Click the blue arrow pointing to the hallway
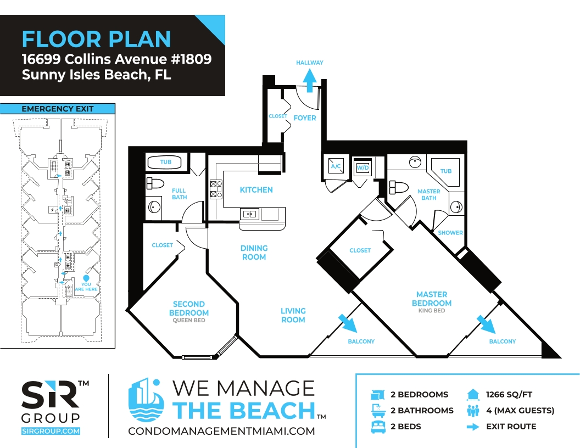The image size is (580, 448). pyautogui.click(x=310, y=81)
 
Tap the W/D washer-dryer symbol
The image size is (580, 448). pyautogui.click(x=362, y=168)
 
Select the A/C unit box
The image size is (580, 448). pyautogui.click(x=336, y=166)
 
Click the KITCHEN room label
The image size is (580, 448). pyautogui.click(x=256, y=189)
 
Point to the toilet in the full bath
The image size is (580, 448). pyautogui.click(x=155, y=183)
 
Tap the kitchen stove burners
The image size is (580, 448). pyautogui.click(x=216, y=189)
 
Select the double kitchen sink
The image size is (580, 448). pyautogui.click(x=249, y=214)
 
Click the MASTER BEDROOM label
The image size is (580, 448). pyautogui.click(x=432, y=299)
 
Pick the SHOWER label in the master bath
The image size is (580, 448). pyautogui.click(x=450, y=232)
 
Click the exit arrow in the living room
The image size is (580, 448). pyautogui.click(x=348, y=323)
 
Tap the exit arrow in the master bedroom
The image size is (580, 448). pyautogui.click(x=486, y=324)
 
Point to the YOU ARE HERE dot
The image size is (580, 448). pyautogui.click(x=86, y=278)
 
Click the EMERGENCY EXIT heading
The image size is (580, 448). pyautogui.click(x=57, y=109)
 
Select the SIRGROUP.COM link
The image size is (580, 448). pyautogui.click(x=51, y=431)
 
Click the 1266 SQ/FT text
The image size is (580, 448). pyautogui.click(x=509, y=394)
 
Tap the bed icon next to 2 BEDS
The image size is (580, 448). pyautogui.click(x=378, y=427)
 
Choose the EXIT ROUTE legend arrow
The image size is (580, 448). pyautogui.click(x=473, y=427)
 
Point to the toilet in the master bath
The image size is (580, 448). pyautogui.click(x=398, y=187)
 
